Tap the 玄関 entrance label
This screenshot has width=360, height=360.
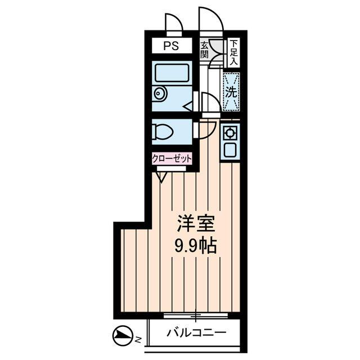[x=204, y=50]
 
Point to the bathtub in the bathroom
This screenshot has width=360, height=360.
[x=172, y=73]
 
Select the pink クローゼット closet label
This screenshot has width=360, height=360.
[x=172, y=159]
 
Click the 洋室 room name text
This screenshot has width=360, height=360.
[x=196, y=223]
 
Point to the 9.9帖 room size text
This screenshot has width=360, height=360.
[x=196, y=246]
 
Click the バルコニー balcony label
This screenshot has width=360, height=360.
[x=196, y=333]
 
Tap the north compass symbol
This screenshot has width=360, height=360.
[x=122, y=336]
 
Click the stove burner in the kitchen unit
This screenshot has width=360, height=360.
[x=230, y=134]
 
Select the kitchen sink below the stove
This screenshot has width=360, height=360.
[x=230, y=151]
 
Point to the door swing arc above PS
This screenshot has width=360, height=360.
[x=174, y=24]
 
